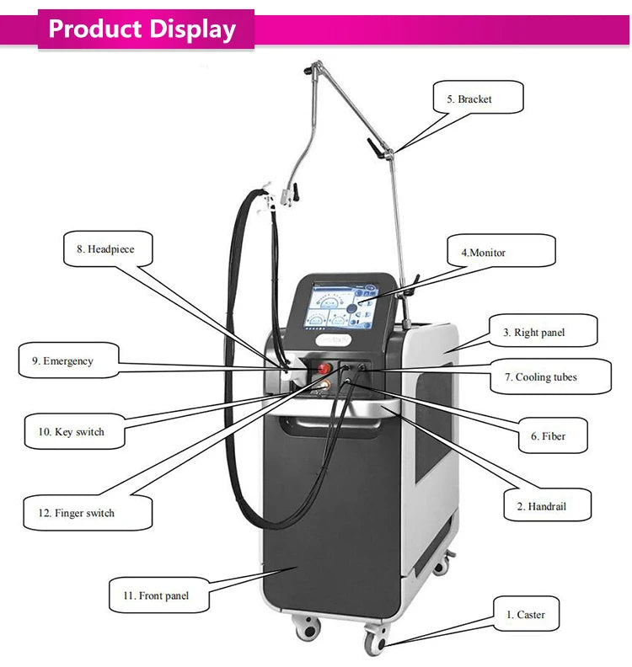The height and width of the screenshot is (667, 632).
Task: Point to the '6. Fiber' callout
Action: point(553,436)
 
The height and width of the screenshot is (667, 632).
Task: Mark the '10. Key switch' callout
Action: point(75,432)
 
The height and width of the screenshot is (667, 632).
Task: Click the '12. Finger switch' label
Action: point(88,513)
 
